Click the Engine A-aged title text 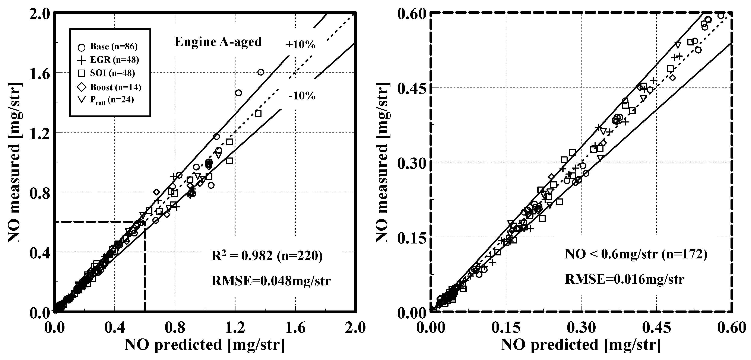pyautogui.click(x=218, y=42)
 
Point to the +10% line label pyautogui.click(x=300, y=45)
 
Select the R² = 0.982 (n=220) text pyautogui.click(x=267, y=256)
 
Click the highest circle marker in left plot pyautogui.click(x=261, y=72)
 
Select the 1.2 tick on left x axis pyautogui.click(x=235, y=328)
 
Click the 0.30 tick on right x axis pyautogui.click(x=581, y=328)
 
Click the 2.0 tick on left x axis pyautogui.click(x=356, y=328)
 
